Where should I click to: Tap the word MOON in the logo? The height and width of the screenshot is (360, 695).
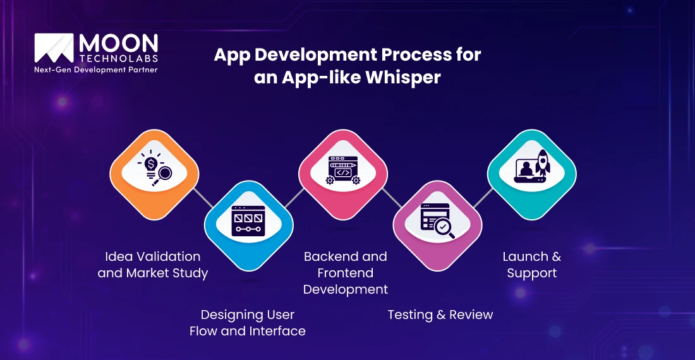pyautogui.click(x=119, y=44)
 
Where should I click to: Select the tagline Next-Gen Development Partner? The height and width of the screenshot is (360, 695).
pyautogui.click(x=95, y=69)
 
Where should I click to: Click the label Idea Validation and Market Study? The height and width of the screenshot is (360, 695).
pyautogui.click(x=152, y=265)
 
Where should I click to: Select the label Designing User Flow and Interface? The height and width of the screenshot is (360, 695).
pyautogui.click(x=248, y=323)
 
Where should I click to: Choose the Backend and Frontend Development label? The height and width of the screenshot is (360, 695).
pyautogui.click(x=345, y=273)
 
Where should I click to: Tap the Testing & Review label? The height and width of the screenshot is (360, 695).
pyautogui.click(x=440, y=315)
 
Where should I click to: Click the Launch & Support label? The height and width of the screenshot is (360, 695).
pyautogui.click(x=531, y=265)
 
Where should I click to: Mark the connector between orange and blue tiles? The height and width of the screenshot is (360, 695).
pyautogui.click(x=202, y=198)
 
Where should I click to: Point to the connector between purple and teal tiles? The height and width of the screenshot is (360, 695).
pyautogui.click(x=485, y=198)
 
